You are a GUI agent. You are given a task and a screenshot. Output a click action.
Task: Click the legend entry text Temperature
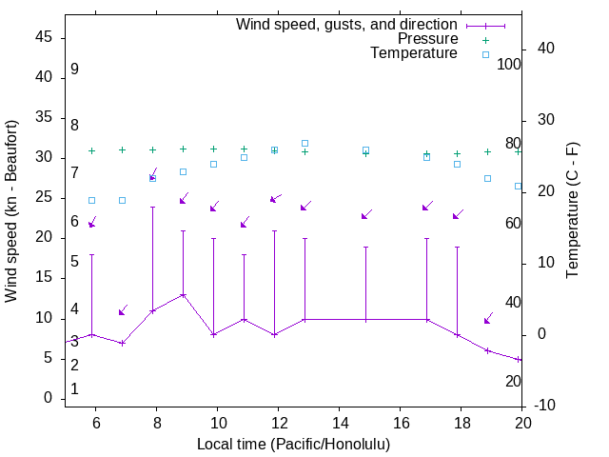point(414,53)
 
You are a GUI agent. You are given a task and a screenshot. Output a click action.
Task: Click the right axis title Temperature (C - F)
point(573,211)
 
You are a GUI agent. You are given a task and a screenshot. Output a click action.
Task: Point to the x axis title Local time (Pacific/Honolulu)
point(293,445)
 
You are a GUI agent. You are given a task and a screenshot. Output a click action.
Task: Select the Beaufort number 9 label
point(74,70)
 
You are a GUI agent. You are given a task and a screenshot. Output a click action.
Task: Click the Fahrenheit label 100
point(510,64)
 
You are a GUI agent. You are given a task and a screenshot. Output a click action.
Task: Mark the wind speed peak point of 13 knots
point(184,295)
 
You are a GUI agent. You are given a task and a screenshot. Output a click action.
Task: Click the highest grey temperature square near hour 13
point(304,143)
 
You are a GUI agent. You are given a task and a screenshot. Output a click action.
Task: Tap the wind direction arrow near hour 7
point(123,310)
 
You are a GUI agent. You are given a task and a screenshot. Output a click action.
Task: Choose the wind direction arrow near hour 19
point(488,318)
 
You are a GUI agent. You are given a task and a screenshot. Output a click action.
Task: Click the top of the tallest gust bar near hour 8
point(152,207)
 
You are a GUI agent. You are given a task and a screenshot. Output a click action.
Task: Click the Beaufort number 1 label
point(74,389)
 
